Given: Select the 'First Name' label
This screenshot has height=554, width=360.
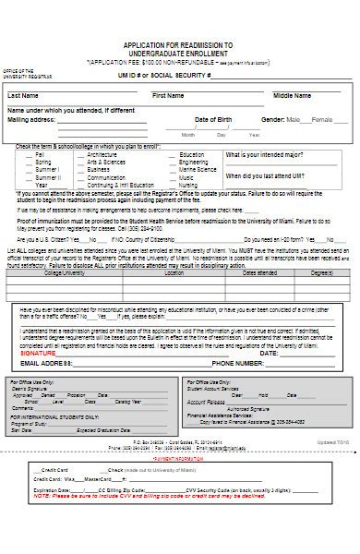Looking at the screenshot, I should [168, 95].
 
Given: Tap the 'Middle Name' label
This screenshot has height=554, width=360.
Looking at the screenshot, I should [291, 95].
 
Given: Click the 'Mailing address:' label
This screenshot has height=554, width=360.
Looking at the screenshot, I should [31, 119].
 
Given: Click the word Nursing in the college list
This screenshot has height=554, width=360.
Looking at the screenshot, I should [188, 185].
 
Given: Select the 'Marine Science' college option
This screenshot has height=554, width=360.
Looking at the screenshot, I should [198, 169].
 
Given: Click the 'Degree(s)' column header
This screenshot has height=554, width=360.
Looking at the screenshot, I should [322, 272].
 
